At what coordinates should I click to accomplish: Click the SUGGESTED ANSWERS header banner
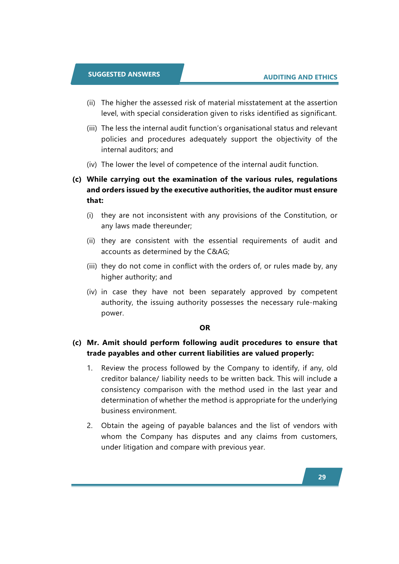(x=124, y=74)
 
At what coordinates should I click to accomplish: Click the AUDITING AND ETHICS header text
(x=300, y=77)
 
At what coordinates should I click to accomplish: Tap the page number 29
(x=322, y=477)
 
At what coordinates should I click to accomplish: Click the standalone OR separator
(x=205, y=328)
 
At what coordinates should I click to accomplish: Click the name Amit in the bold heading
(x=111, y=342)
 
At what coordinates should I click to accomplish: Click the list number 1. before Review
(x=90, y=368)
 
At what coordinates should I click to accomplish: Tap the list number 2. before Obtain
(x=90, y=425)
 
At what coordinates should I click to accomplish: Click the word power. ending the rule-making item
(x=112, y=313)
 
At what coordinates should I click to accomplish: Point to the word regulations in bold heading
(x=317, y=179)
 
